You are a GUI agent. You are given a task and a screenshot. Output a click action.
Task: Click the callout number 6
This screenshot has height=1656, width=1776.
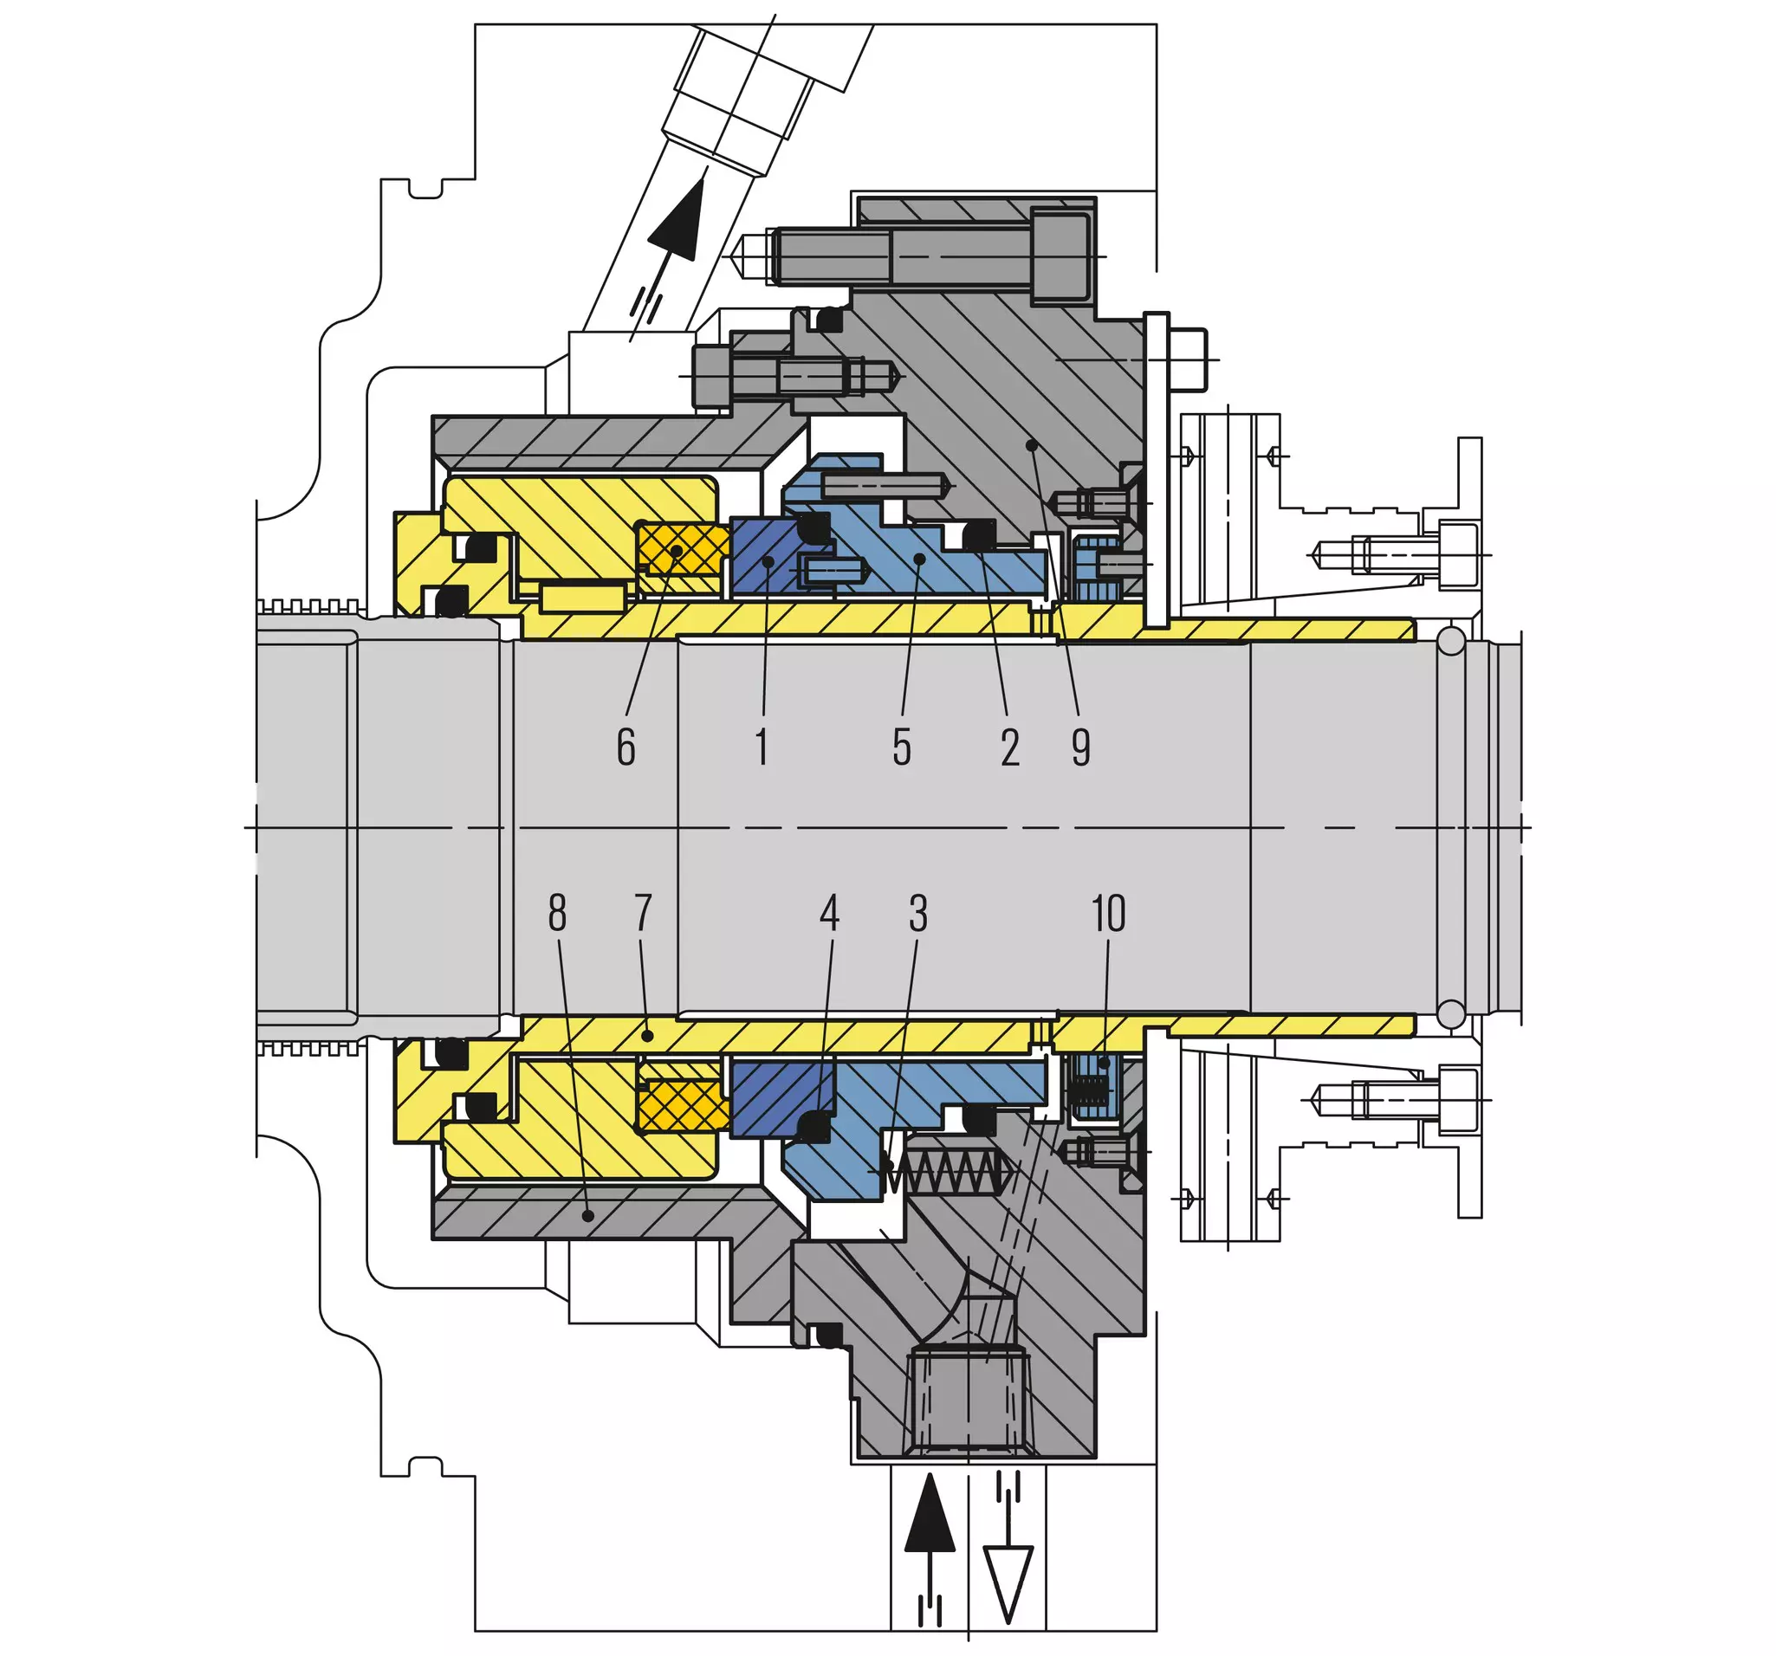point(625,747)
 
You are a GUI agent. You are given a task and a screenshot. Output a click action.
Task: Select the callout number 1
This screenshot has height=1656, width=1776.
point(762,747)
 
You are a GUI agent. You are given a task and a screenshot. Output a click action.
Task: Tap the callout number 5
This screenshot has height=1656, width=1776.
point(902,747)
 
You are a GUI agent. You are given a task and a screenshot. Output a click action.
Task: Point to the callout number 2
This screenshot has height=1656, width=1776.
point(1010,747)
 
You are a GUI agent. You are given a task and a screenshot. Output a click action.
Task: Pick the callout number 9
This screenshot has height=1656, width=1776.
point(1081,747)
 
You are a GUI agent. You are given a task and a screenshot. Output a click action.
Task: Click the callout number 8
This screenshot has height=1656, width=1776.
point(557,913)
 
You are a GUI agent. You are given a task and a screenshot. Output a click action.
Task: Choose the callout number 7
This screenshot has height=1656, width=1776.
point(643,913)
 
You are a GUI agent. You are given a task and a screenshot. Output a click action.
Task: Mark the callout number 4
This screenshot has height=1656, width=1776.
point(830,913)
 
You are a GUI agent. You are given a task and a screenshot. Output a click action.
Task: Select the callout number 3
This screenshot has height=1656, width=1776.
point(918,913)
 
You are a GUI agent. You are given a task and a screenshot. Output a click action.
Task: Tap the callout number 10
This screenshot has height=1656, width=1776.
point(1109,913)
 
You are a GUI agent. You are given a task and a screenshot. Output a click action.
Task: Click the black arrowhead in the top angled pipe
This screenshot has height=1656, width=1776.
point(677,219)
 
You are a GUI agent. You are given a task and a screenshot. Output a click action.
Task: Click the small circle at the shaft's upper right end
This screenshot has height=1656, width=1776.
point(1451,639)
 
